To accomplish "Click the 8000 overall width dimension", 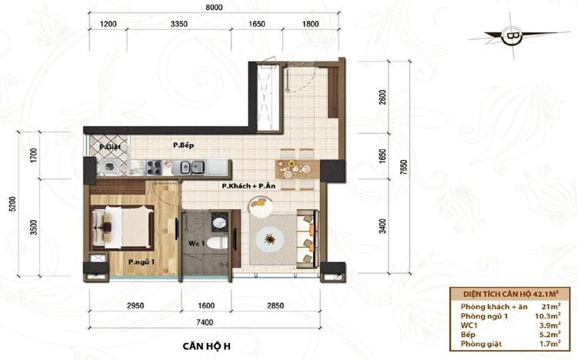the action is point(214,8).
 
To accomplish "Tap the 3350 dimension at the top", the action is point(178,24).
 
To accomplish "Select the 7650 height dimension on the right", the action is point(404,167).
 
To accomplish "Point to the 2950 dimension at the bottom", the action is point(135,305).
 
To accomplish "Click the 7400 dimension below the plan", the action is point(205,322).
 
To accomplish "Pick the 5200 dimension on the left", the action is point(12,204).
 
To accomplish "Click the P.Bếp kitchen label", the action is point(184,145).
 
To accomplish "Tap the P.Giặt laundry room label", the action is point(110,147).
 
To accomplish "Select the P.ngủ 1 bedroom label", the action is point(142,262).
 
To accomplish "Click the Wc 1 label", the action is point(196,243).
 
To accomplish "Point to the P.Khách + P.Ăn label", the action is point(248,186).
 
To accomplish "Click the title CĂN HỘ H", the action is point(206,346).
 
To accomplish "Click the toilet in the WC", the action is point(217,242).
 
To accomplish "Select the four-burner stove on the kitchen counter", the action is point(153,167).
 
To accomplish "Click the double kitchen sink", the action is point(192,168).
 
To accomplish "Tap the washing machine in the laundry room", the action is point(110,167).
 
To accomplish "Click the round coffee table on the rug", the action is point(271,240).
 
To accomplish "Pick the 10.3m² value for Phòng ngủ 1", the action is point(548,316).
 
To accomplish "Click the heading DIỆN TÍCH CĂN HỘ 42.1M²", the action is point(510,294).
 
